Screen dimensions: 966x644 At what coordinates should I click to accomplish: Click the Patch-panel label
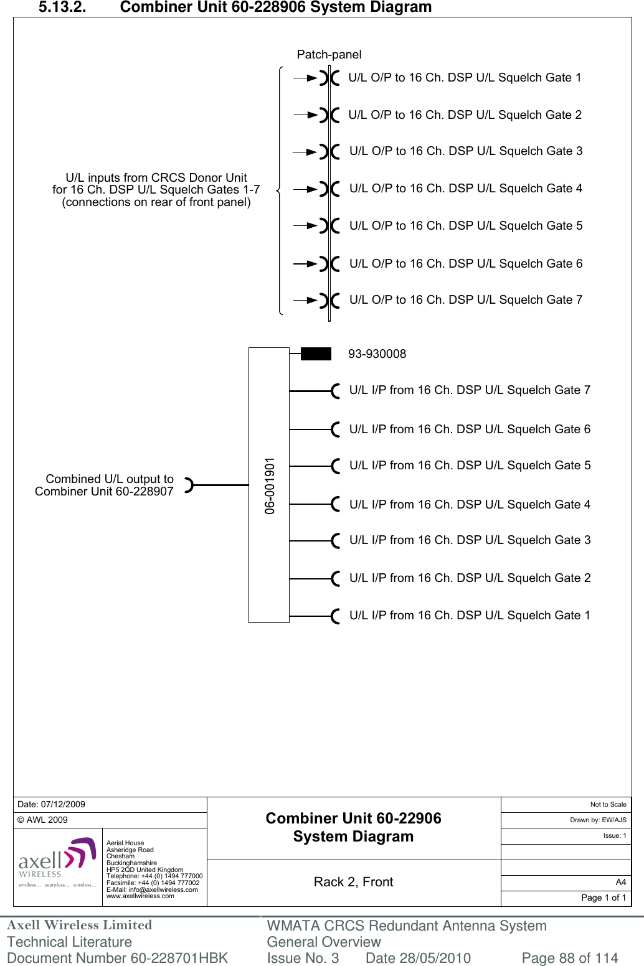click(329, 55)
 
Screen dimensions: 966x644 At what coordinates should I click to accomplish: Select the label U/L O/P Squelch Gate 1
click(465, 78)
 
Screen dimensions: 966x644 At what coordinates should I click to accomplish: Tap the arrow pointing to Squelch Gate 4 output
click(305, 189)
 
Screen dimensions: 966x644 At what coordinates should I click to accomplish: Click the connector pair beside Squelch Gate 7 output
click(329, 301)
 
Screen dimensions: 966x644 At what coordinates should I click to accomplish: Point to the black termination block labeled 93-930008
click(316, 354)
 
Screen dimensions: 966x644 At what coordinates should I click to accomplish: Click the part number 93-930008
click(377, 354)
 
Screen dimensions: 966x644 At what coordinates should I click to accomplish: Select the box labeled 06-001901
click(269, 485)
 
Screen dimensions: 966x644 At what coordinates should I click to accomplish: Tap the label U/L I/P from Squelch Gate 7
click(470, 390)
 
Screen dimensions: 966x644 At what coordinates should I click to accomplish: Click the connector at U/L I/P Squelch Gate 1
click(336, 616)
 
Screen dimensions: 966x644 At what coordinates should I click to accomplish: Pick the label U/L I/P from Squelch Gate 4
click(470, 505)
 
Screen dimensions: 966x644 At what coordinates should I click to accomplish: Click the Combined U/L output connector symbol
click(189, 485)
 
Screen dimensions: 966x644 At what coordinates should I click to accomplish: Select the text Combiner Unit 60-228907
click(104, 492)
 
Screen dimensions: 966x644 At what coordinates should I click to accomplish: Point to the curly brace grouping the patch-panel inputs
click(280, 190)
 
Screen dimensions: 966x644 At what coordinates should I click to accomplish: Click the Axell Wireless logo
click(57, 863)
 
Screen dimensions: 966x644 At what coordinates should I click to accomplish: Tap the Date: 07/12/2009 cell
click(52, 804)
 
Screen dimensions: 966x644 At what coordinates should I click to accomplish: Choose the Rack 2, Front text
click(353, 882)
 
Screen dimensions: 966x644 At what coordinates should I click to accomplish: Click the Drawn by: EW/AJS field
click(598, 820)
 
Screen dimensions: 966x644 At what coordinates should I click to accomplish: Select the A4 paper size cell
click(620, 882)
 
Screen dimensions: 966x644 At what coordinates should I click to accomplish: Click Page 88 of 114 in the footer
click(569, 958)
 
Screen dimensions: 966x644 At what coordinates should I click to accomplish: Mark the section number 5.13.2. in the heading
click(62, 7)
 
